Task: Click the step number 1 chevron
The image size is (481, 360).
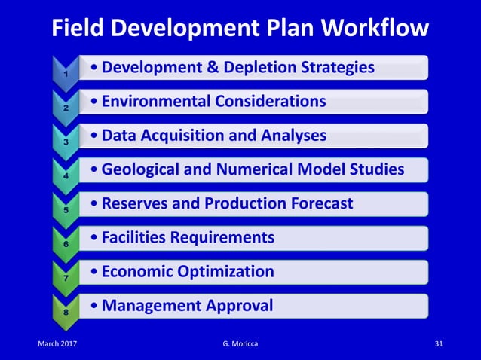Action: click(66, 73)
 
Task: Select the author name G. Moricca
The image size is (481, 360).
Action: click(240, 344)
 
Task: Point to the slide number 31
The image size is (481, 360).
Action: click(440, 344)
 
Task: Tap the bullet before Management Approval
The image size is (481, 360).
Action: click(92, 307)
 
